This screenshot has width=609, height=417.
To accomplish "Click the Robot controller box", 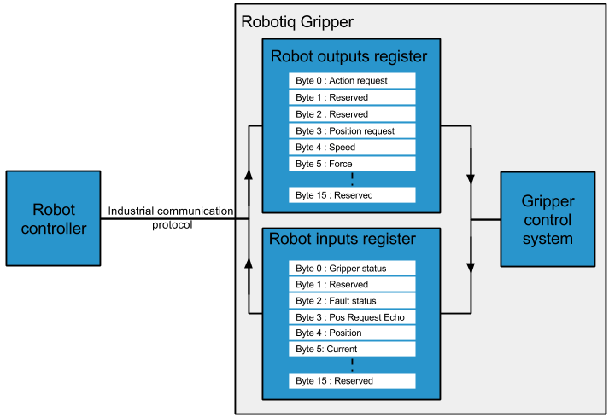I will click(54, 218).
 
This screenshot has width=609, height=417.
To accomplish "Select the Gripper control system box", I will click(547, 219).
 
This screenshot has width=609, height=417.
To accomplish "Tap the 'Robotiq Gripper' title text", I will click(297, 21).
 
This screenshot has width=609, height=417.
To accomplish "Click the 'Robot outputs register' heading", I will click(348, 57).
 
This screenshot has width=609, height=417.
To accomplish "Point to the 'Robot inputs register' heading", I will click(342, 240).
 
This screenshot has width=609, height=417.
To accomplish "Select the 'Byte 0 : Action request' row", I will click(352, 81).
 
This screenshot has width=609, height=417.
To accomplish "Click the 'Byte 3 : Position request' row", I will click(352, 130).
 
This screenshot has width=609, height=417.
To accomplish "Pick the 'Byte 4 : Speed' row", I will click(352, 148).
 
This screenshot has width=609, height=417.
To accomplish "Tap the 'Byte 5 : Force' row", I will click(352, 164).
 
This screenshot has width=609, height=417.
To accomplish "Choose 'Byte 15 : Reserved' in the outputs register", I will click(352, 195).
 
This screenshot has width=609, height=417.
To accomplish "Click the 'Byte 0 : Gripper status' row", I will click(352, 269).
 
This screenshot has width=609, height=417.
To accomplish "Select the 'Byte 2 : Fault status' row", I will click(352, 301).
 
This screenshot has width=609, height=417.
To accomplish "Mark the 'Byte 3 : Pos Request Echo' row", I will click(352, 317).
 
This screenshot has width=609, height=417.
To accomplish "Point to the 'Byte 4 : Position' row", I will click(352, 333).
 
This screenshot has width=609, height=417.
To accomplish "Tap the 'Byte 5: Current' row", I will click(352, 349).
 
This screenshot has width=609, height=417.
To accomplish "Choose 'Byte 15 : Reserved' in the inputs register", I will click(352, 380).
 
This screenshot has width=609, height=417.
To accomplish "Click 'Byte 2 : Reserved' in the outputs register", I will click(352, 114).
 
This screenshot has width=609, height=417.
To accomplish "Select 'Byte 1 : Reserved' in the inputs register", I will click(352, 285).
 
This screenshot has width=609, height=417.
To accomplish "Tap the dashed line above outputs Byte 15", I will click(352, 179).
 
